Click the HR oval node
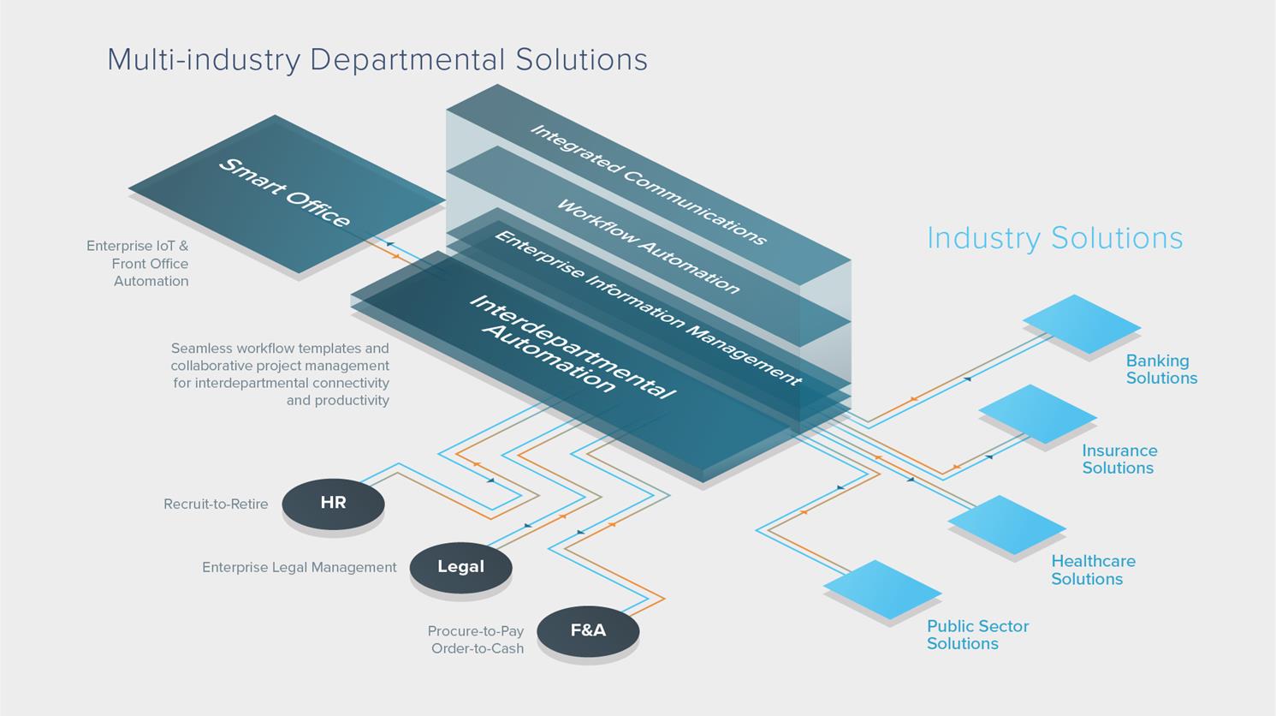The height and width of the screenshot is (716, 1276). click(333, 504)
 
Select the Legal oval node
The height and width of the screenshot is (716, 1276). click(460, 567)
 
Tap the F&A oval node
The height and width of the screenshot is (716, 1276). click(588, 631)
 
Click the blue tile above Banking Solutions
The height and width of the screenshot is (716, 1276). click(1082, 324)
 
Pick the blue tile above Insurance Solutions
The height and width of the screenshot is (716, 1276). click(1037, 414)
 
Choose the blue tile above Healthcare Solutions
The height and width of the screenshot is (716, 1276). click(1006, 524)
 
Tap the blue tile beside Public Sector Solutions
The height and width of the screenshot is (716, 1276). click(882, 589)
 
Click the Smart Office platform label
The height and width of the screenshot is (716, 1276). click(284, 193)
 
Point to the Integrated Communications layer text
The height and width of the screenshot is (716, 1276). click(648, 184)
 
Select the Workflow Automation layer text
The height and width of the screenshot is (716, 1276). click(648, 247)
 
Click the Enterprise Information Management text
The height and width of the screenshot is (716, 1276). click(648, 307)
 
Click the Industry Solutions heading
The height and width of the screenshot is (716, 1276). click(1054, 238)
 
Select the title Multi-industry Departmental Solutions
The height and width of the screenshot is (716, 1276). click(377, 60)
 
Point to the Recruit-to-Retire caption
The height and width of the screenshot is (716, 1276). click(216, 504)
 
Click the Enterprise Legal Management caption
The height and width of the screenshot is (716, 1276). click(300, 568)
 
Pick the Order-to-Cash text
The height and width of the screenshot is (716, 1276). click(478, 649)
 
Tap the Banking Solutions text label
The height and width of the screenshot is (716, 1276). click(1161, 370)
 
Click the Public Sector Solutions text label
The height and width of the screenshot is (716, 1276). click(977, 635)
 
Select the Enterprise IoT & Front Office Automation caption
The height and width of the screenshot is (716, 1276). click(139, 264)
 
